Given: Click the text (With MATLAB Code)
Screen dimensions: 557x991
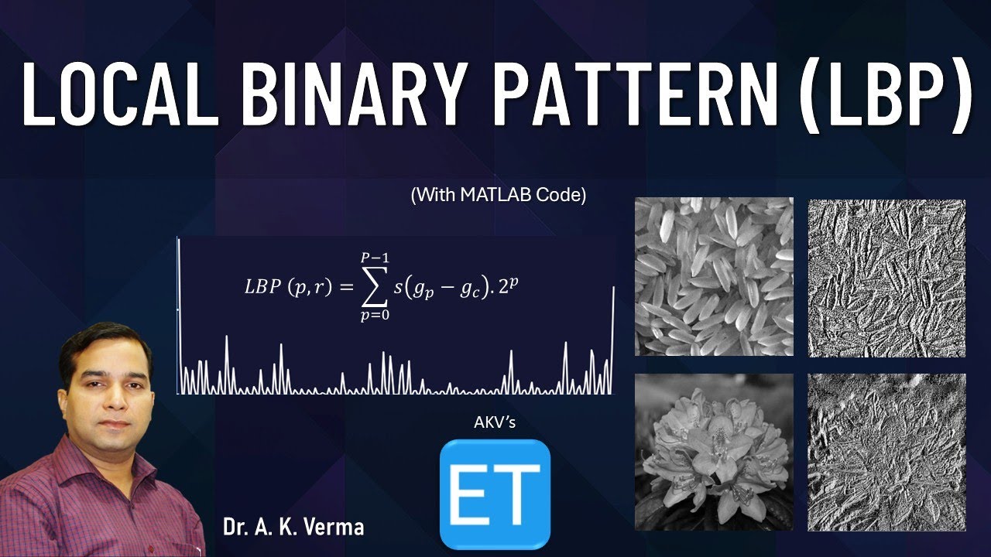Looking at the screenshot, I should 499,196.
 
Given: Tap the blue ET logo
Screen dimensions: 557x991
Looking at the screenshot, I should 495,494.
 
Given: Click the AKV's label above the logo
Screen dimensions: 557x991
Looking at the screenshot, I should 494,422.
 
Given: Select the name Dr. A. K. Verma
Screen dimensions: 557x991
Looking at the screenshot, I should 293,528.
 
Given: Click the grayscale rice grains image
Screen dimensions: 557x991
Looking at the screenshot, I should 714,276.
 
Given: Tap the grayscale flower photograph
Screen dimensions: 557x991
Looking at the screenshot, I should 714,452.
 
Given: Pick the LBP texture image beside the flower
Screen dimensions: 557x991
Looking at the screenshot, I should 887,453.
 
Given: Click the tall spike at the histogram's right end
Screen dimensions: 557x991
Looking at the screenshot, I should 613,340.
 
